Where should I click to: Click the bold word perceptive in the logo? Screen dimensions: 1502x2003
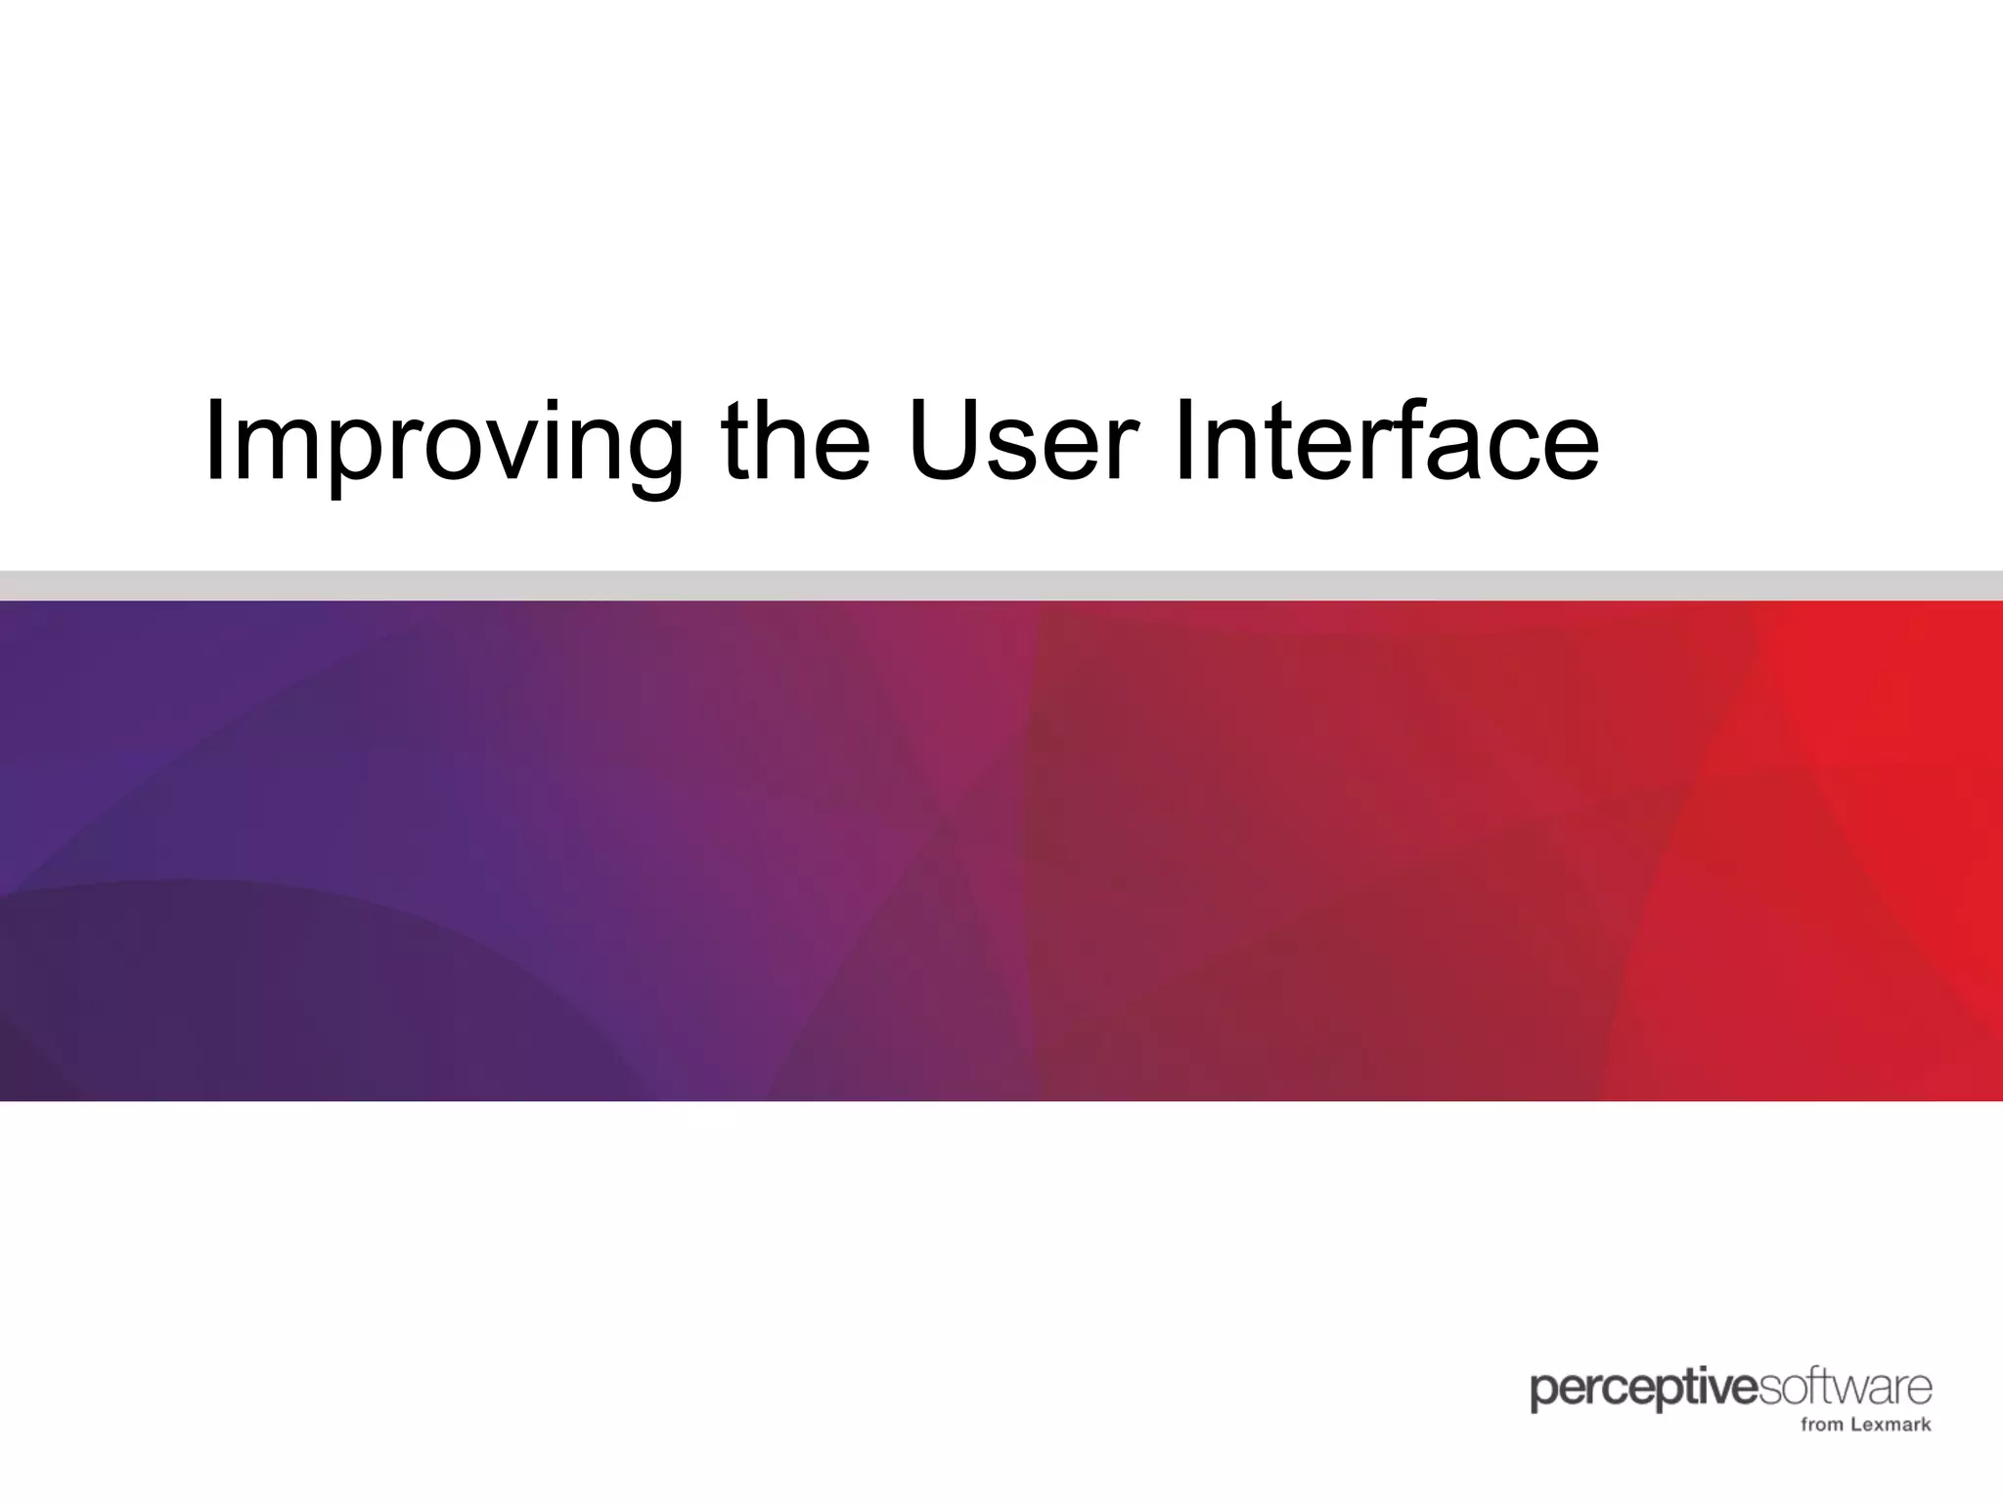[1643, 1391]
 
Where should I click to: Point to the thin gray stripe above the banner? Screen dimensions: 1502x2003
[1001, 585]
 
